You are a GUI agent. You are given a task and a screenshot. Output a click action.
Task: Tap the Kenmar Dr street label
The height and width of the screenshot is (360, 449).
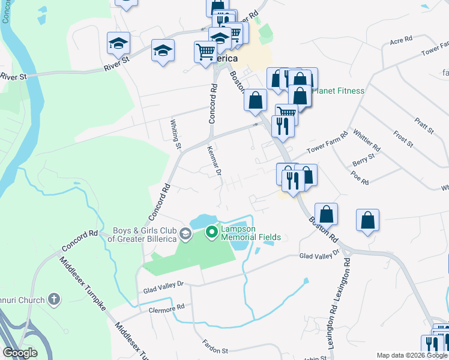coord(215,161)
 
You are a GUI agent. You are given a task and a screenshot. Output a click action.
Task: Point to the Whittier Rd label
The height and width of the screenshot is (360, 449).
coord(367,140)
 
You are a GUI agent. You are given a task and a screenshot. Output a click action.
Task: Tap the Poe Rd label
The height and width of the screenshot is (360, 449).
coord(361,179)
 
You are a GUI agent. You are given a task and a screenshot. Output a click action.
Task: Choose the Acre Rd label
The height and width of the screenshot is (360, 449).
coord(400,40)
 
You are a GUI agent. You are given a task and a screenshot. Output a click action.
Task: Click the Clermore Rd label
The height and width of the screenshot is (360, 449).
coord(164,308)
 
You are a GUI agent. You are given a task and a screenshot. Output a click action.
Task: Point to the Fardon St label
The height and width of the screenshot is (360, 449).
coord(215,350)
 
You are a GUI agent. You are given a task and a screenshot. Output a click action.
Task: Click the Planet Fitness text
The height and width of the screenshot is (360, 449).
coord(339,91)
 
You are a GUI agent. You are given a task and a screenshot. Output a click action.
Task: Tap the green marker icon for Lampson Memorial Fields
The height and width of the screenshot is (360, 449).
coord(211,232)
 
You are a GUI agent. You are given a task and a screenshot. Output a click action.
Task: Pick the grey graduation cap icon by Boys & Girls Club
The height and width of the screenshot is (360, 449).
coord(185,233)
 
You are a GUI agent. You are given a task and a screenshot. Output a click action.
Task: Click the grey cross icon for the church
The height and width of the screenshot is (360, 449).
coord(54,299)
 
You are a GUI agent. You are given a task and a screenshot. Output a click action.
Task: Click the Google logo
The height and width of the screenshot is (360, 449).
coord(20,353)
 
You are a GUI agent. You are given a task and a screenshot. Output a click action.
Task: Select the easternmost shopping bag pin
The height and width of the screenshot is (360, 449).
coord(367,220)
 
